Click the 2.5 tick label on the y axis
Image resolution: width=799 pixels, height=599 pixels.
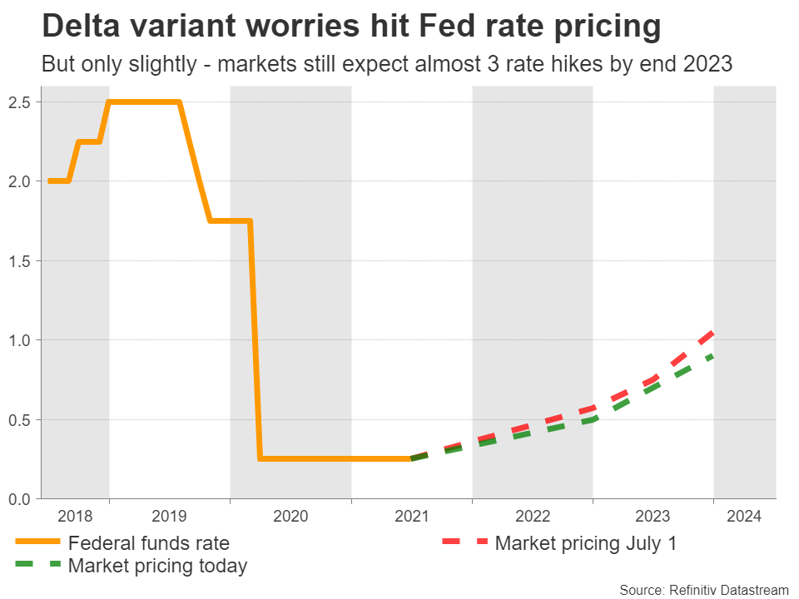click(19, 102)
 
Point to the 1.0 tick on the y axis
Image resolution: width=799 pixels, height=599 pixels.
click(19, 340)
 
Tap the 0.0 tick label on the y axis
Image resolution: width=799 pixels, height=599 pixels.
click(19, 499)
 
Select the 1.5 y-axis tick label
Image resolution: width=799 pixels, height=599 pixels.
click(19, 261)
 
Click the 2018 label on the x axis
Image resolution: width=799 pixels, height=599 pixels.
click(75, 517)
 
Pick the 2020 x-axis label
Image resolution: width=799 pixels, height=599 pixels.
click(290, 517)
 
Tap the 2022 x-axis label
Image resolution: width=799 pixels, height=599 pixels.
click(533, 517)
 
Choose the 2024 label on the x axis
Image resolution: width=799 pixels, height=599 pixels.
click(744, 517)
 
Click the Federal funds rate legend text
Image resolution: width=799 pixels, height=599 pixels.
click(149, 543)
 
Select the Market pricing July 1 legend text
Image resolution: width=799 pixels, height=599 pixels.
click(586, 543)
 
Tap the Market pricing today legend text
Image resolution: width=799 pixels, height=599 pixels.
click(158, 567)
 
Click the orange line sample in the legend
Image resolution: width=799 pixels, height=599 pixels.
click(38, 543)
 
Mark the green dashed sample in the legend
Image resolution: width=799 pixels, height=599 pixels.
click(38, 567)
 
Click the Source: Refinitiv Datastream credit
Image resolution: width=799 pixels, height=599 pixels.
click(703, 589)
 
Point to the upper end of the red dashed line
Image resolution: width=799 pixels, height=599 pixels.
click(713, 333)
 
